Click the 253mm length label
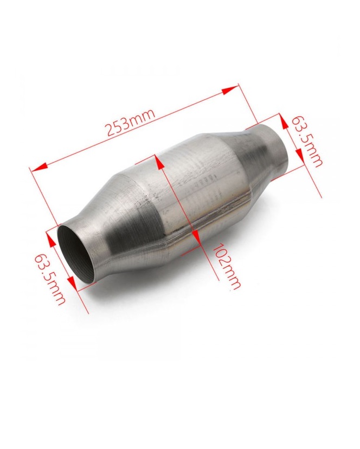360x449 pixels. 131,122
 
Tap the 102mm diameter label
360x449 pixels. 226,266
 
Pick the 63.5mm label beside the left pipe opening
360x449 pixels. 50,279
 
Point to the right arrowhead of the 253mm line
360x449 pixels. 230,91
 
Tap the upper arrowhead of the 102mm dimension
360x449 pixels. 159,161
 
